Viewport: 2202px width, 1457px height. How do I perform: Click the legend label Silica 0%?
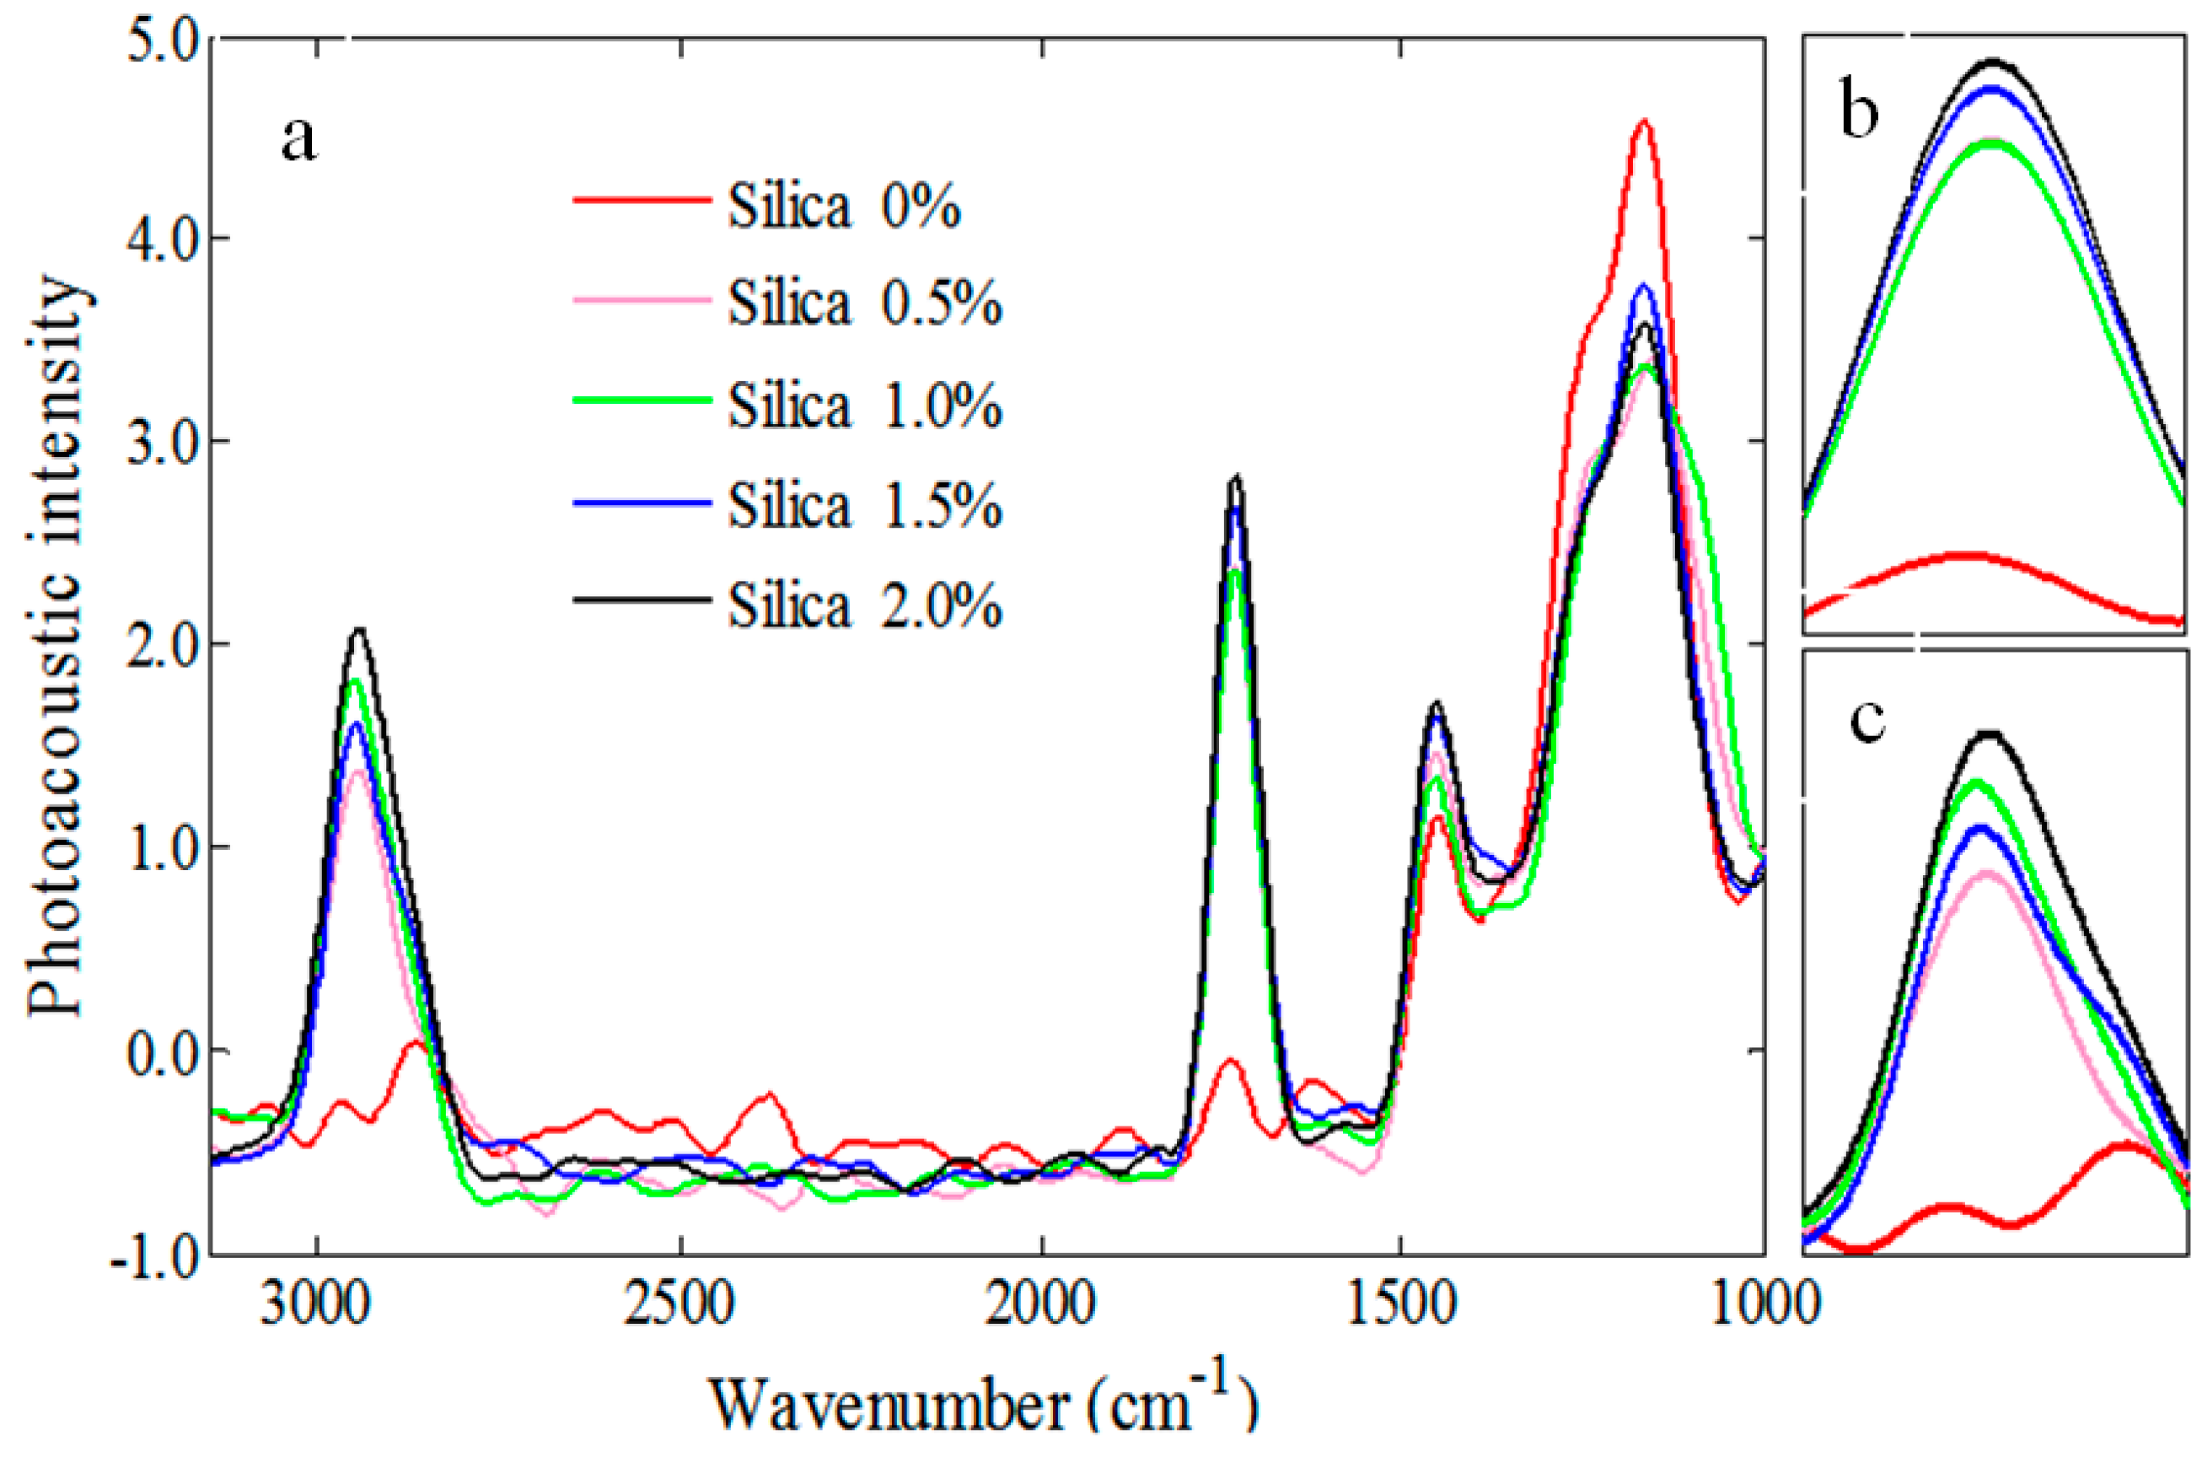tap(843, 207)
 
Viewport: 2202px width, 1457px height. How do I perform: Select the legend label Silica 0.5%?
tap(864, 304)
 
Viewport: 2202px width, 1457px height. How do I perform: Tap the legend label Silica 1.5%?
tap(864, 507)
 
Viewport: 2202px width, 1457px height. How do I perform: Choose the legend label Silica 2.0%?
tap(864, 607)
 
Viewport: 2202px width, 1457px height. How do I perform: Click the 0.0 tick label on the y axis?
tap(163, 1051)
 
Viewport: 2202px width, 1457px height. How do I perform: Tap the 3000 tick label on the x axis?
tap(319, 1305)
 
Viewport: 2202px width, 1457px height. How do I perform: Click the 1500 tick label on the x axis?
tap(1402, 1305)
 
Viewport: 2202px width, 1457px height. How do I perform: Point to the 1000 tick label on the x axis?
tap(1763, 1305)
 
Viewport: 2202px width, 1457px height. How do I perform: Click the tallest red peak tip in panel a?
tap(1645, 120)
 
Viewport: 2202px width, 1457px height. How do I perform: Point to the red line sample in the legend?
tap(641, 199)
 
